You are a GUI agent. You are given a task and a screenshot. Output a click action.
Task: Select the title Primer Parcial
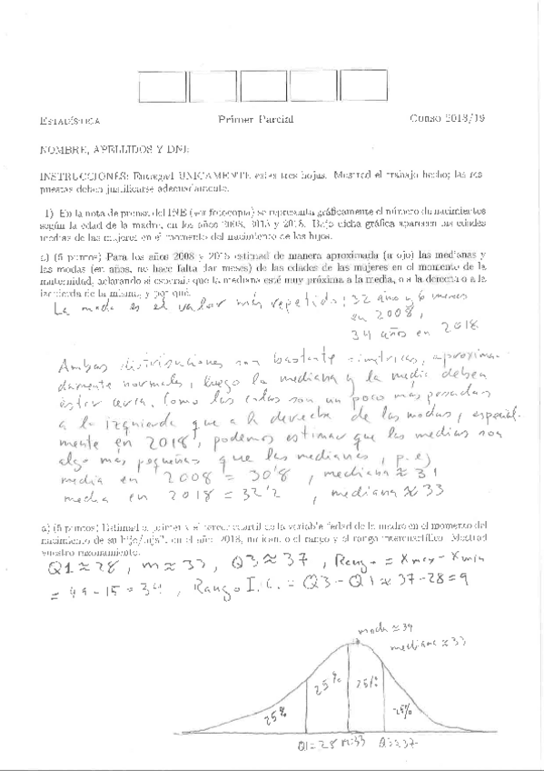pos(251,119)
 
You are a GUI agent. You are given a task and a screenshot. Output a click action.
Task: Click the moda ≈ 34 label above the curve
pos(377,626)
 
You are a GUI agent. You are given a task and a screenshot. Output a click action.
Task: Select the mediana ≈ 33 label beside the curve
pos(426,644)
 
